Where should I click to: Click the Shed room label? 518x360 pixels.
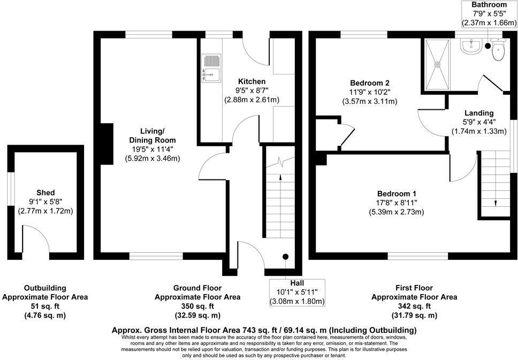pos(45,193)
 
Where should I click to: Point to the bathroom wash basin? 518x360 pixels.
pos(471,47)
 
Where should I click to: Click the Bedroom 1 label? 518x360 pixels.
pos(397,193)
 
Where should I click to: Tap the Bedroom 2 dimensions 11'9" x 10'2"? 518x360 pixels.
pos(369,92)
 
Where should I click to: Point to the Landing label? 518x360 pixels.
pos(479,113)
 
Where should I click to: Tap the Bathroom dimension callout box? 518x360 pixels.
pos(490,14)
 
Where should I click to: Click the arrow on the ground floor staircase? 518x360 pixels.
pos(279,179)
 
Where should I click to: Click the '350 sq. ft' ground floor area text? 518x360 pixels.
pos(197,306)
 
